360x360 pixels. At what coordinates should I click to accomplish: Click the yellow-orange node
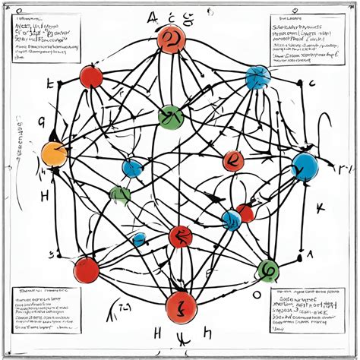[x=55, y=153]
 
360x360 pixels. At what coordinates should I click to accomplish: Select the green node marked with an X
[x=170, y=118]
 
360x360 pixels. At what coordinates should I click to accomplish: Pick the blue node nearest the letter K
[x=305, y=166]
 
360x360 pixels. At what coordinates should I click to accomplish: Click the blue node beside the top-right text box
[x=257, y=77]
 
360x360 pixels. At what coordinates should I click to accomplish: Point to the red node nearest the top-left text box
[x=91, y=77]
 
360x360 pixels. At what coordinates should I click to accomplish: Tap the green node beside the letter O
[x=267, y=268]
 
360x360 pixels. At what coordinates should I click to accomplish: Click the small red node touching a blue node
[x=245, y=213]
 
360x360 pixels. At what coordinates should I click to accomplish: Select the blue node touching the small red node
[x=231, y=220]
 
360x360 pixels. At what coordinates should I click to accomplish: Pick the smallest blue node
[x=139, y=239]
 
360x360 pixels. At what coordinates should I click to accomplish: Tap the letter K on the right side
[x=320, y=207]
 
